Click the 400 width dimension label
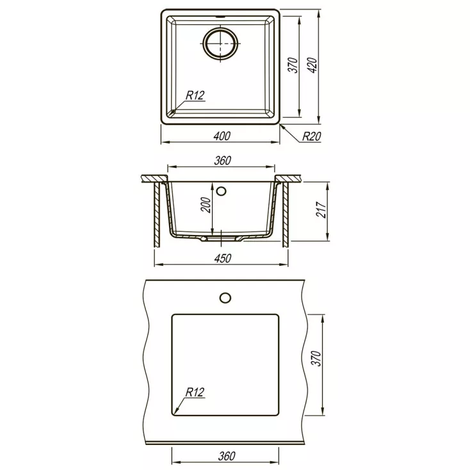coord(222,136)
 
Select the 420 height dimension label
coord(312,65)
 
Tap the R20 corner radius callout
coord(311,136)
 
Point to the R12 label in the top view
coord(195,95)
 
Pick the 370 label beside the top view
coord(293,65)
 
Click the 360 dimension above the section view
coord(222,161)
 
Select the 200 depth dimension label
coord(206,205)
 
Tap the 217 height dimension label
coord(321,210)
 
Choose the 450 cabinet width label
coord(222,259)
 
